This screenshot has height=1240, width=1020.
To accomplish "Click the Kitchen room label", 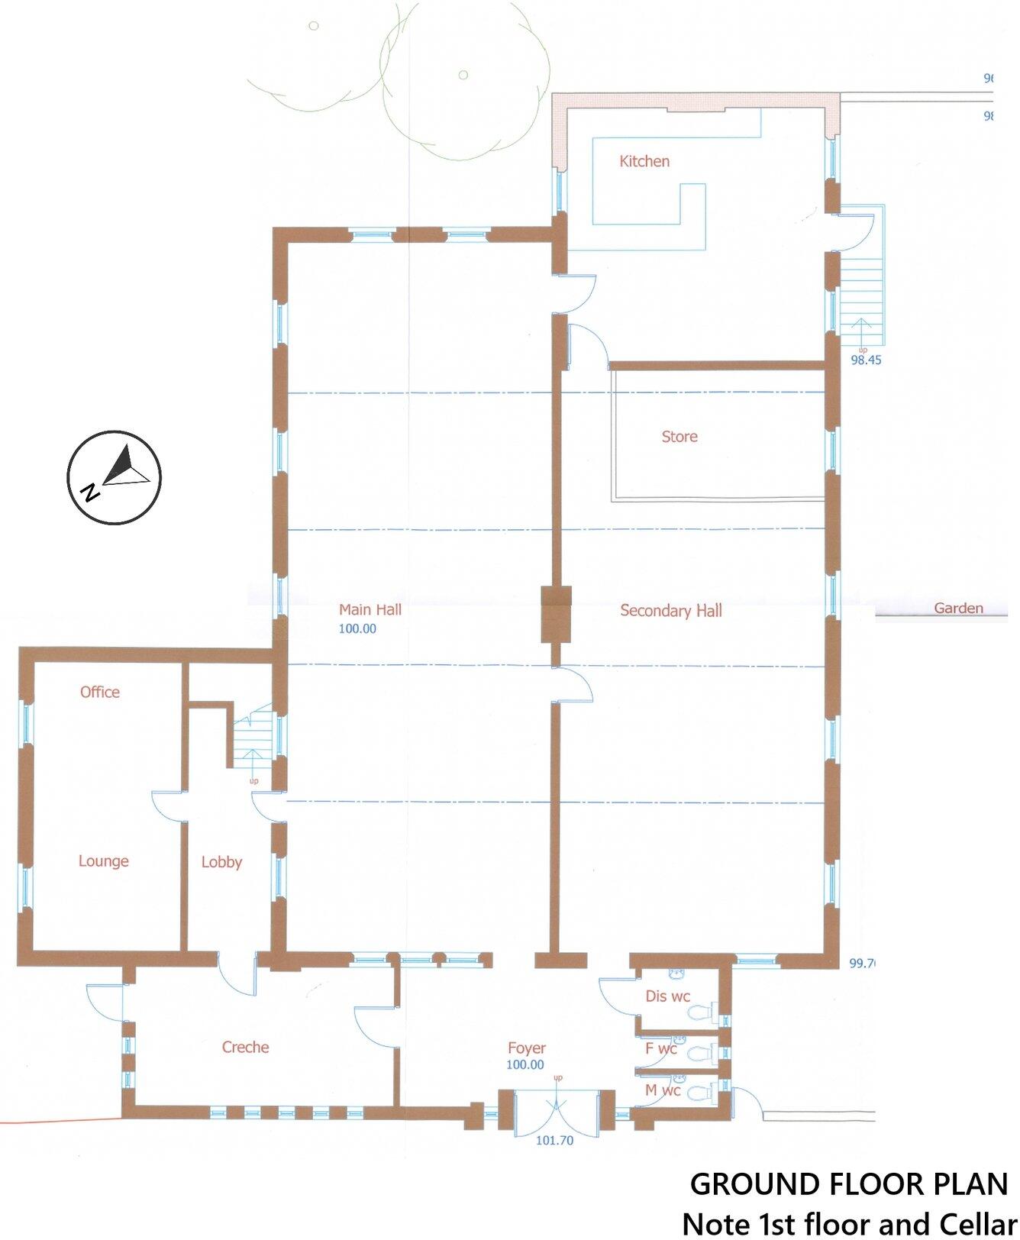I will point(644,161).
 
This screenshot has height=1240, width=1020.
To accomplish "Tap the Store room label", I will point(679,437).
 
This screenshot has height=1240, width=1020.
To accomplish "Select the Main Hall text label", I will point(370,609).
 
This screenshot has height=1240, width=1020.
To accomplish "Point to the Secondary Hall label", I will point(670,611).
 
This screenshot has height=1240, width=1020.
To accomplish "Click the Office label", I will point(100,692).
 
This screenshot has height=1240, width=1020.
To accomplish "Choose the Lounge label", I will point(103,861).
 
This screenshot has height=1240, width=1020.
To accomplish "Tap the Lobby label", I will point(221,862).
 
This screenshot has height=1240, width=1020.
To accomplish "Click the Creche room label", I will point(245,1047).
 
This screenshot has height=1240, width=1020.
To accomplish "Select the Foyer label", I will point(527,1048).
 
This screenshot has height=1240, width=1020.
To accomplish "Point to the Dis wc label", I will point(667,996).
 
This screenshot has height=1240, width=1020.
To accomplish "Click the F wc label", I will point(660,1048).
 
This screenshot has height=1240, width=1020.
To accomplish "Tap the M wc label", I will point(662,1090).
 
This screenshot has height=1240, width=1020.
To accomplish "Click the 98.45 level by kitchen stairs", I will point(866,360).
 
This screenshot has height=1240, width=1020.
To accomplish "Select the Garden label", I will point(958,609).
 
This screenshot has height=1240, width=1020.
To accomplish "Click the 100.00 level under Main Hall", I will point(357,629).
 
